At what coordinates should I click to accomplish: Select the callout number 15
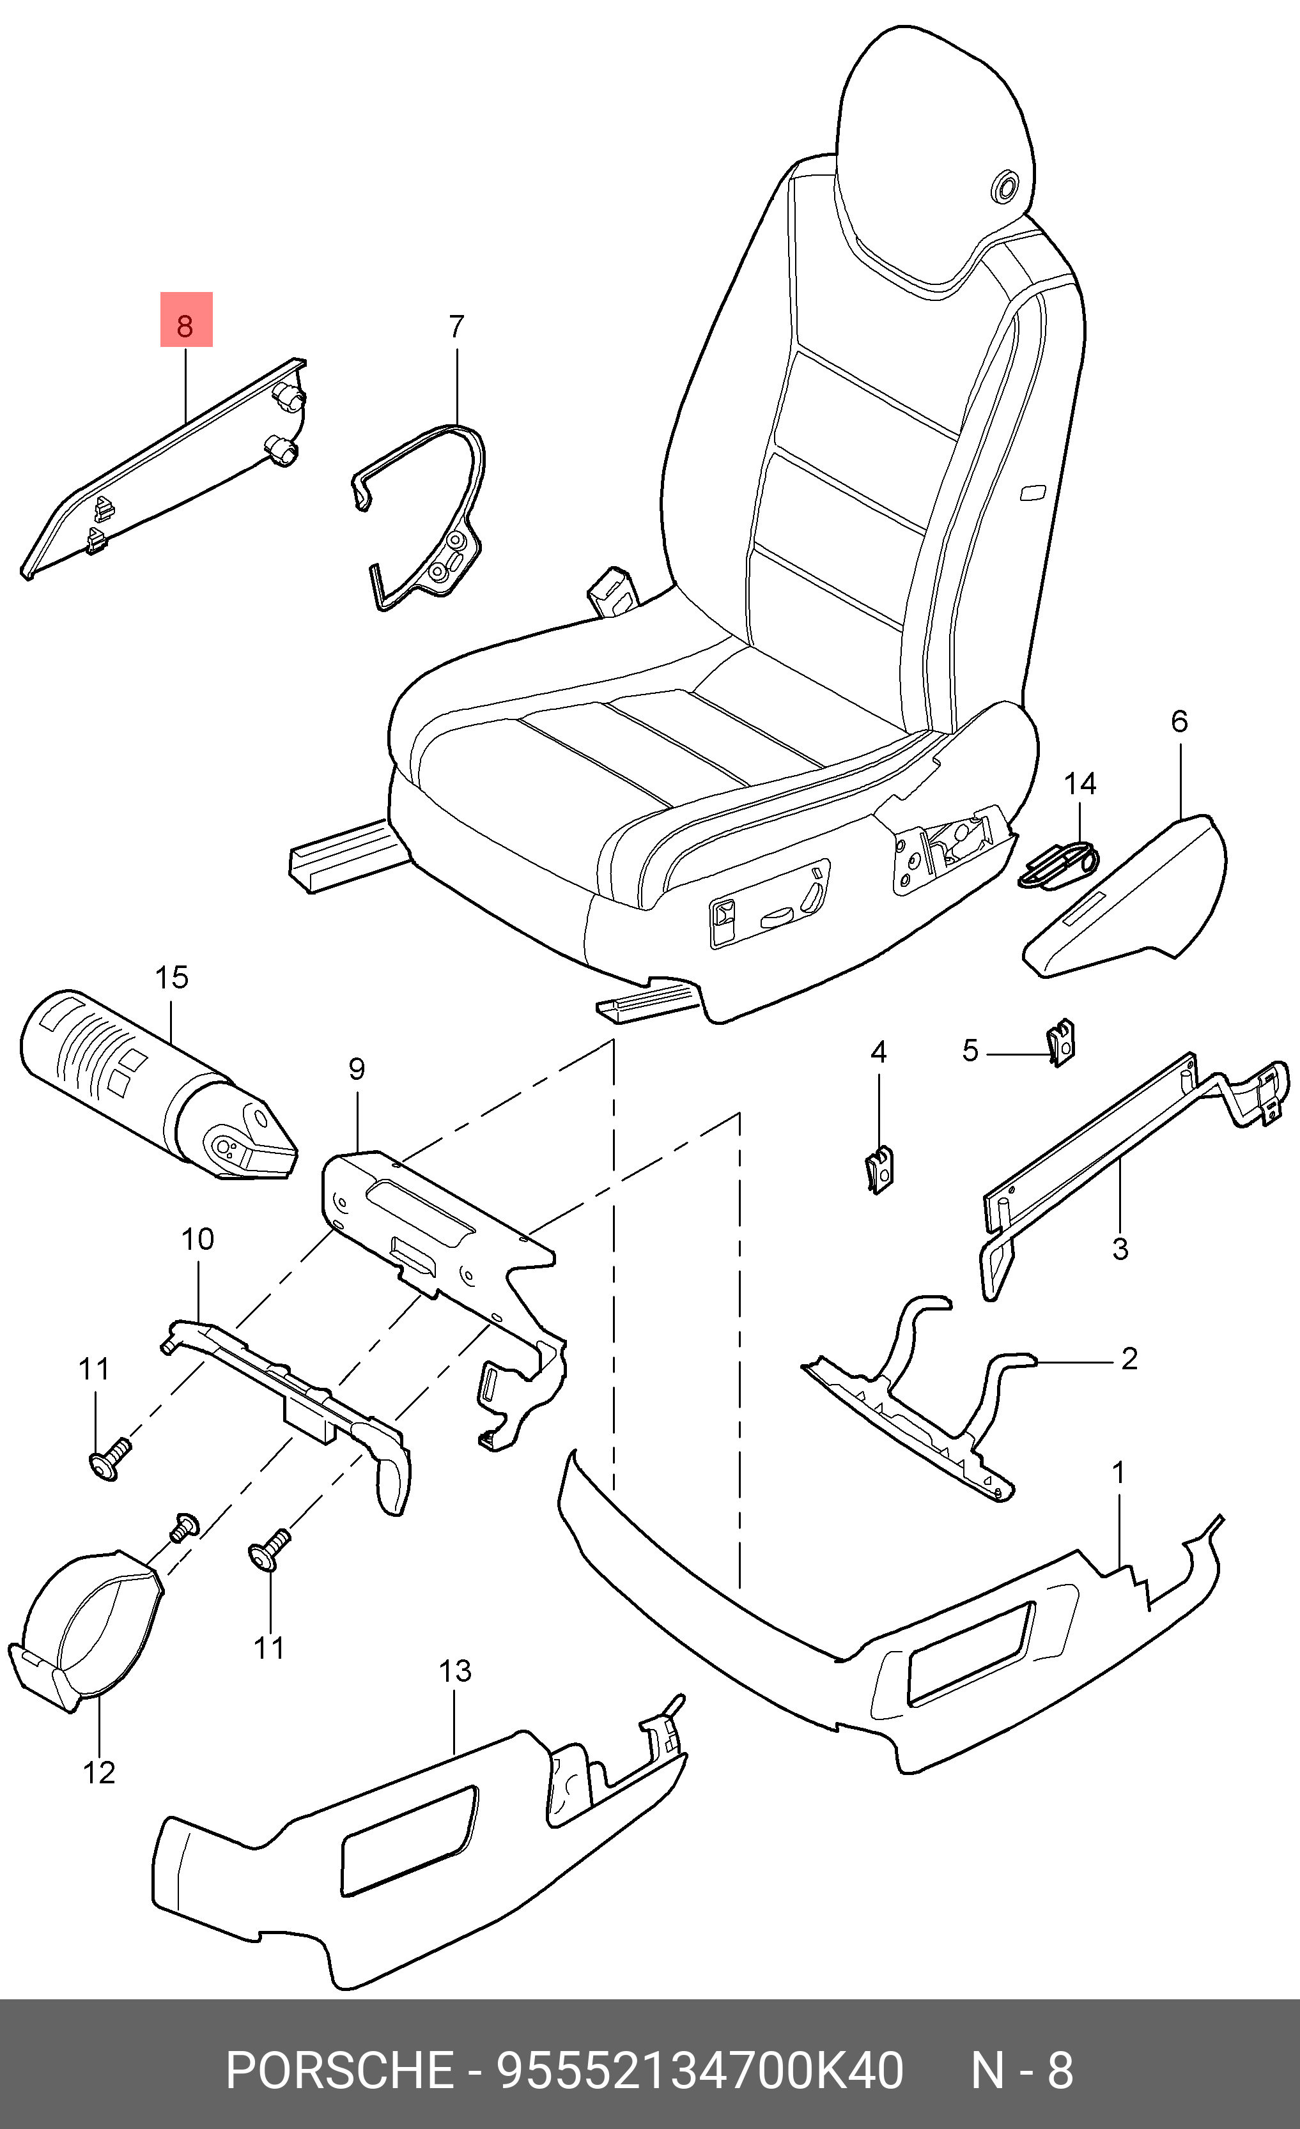pyautogui.click(x=171, y=978)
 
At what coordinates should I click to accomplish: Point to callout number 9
pyautogui.click(x=357, y=1069)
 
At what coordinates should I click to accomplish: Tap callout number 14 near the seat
pyautogui.click(x=1079, y=784)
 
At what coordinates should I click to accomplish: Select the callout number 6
pyautogui.click(x=1179, y=721)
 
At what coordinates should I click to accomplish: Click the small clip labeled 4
pyautogui.click(x=879, y=1170)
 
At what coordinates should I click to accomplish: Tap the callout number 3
pyautogui.click(x=1120, y=1249)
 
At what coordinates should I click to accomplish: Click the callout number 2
pyautogui.click(x=1129, y=1359)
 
